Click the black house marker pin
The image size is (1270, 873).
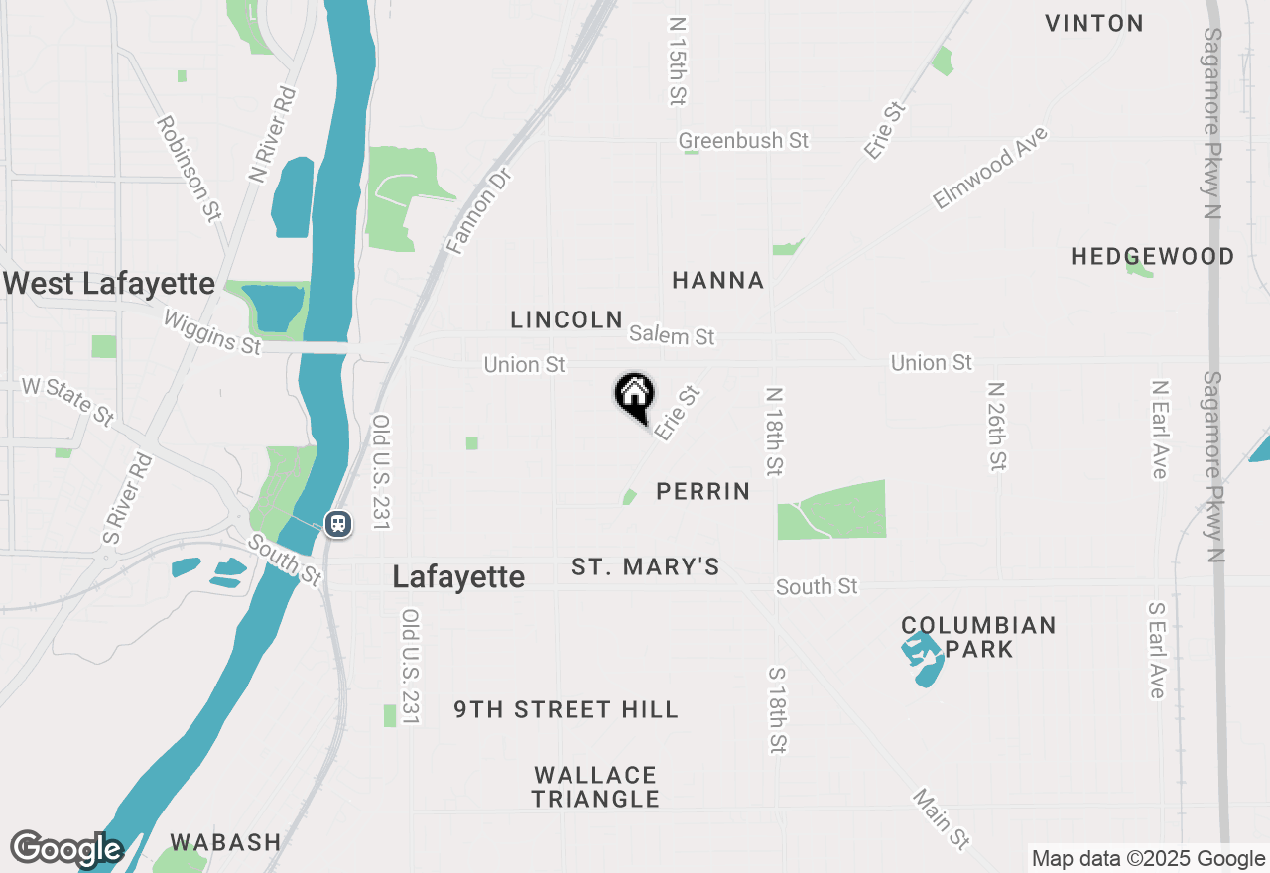[634, 396]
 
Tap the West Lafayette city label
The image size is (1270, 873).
[109, 284]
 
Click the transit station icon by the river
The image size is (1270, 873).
[338, 523]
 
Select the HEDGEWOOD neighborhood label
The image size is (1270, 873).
[1153, 257]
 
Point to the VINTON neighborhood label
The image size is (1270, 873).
[1094, 23]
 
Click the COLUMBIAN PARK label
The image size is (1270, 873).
[978, 637]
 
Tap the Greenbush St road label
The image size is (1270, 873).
[743, 141]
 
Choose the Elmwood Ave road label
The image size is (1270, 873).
[990, 168]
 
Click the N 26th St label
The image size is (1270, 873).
[997, 426]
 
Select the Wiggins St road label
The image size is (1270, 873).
[211, 332]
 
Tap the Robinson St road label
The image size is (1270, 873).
[189, 169]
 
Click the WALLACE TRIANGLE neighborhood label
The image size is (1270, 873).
[595, 787]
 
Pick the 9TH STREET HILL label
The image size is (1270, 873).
[567, 709]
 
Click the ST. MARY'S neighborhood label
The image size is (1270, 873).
[646, 567]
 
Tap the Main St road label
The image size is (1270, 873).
[941, 819]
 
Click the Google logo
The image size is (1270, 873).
[65, 849]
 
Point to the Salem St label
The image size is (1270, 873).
[672, 336]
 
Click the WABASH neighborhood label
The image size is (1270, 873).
[225, 842]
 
